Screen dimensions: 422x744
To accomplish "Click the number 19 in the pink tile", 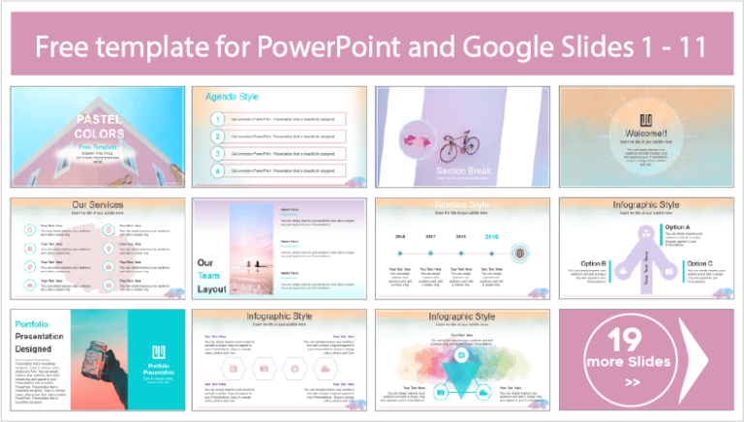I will tap(630, 339).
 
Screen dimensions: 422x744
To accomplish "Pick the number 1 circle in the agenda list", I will tap(219, 119).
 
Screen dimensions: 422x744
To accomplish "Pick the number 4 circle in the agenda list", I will tap(219, 171).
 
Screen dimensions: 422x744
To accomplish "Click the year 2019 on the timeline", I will tap(492, 235).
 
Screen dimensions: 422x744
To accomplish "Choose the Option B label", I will tap(593, 263).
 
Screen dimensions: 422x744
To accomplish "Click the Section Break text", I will tap(464, 170).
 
